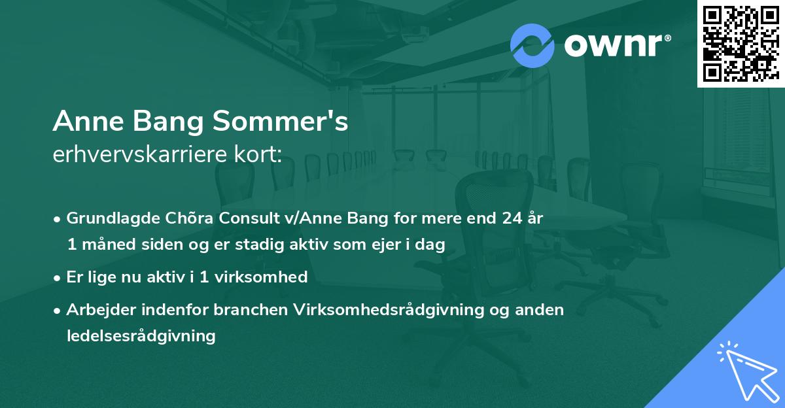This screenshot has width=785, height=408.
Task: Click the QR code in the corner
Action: pos(741,44)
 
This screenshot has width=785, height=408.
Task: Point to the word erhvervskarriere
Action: pos(140,154)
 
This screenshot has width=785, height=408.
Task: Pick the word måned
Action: pos(107,245)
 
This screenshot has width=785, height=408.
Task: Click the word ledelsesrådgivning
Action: pos(141,336)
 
